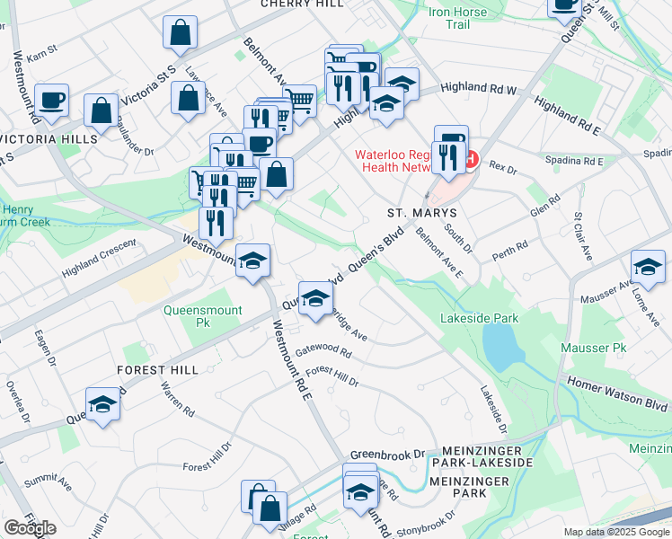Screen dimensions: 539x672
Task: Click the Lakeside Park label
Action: click(480, 318)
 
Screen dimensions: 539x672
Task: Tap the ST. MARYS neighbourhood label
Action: click(422, 213)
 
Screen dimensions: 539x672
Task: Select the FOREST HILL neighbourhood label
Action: click(156, 370)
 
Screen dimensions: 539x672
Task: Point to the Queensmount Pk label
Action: click(192, 315)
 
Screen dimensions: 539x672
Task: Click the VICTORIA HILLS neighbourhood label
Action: click(49, 140)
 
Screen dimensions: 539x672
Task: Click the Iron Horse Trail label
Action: click(458, 19)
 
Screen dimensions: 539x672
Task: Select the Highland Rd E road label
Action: click(566, 117)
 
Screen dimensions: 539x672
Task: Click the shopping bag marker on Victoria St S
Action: click(181, 32)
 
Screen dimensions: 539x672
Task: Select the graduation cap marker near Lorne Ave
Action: click(648, 266)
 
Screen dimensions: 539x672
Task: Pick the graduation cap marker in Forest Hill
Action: click(103, 404)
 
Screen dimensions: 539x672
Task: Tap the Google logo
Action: click(31, 527)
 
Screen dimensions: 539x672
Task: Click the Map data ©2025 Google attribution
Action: click(616, 532)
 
